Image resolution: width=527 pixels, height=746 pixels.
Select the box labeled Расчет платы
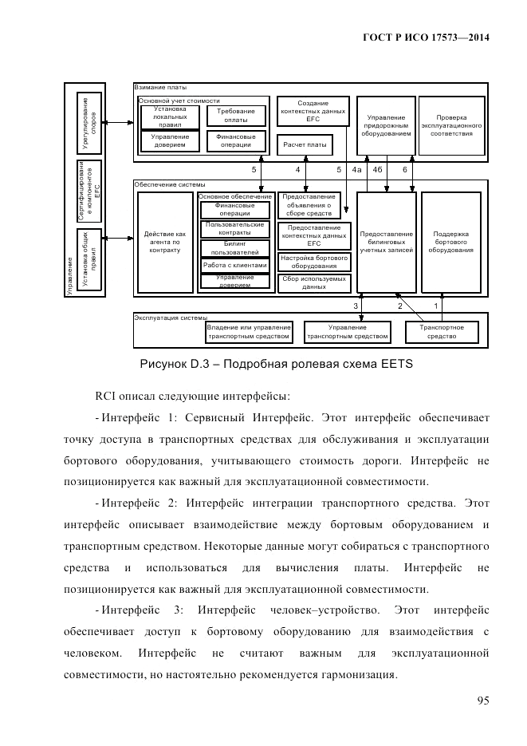click(x=305, y=144)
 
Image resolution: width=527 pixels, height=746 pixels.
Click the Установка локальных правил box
click(x=169, y=116)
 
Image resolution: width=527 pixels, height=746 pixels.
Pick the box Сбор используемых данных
click(x=309, y=283)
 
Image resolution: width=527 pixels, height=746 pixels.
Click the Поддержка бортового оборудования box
click(x=450, y=243)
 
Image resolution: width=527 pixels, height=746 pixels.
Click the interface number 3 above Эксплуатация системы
click(x=356, y=306)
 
